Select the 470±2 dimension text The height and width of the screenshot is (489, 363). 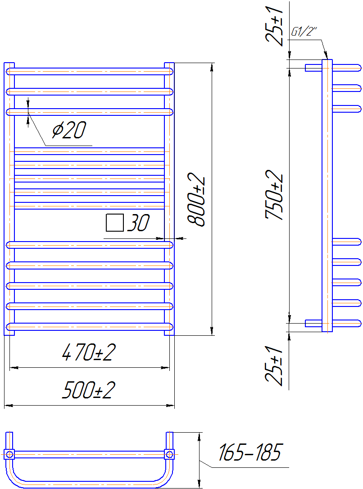coord(89,352)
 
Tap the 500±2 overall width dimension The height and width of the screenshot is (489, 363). coord(89,390)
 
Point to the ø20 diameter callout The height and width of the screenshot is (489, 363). coord(69,130)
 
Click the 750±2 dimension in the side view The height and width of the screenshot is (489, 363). coord(274,195)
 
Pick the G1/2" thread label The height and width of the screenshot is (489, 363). coord(304,32)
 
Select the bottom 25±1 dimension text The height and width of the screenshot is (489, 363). coord(274,366)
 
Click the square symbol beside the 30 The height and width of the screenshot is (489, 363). coord(115,223)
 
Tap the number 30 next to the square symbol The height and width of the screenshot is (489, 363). coord(138,223)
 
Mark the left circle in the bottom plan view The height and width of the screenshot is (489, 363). coord(9,454)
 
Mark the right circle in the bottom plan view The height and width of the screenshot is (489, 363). coord(169,454)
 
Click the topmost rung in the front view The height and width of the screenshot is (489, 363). coord(90,71)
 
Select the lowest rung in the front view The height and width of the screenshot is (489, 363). coord(90,327)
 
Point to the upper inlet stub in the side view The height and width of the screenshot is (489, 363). coord(313,68)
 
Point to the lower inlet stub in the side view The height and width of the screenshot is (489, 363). coord(313,324)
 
